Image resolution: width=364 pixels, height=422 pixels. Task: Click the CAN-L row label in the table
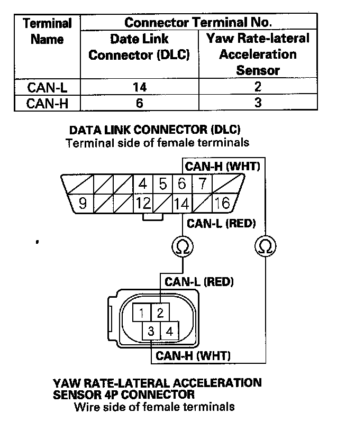[47, 87]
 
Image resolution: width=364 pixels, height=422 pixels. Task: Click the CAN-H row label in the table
[47, 103]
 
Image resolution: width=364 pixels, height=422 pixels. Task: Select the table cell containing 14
[139, 87]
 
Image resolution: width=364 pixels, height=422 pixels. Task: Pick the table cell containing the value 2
[258, 87]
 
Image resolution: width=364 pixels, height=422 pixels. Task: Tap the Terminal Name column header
[47, 31]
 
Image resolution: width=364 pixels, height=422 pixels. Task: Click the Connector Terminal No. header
[198, 22]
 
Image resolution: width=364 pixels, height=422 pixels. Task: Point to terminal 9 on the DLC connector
[82, 203]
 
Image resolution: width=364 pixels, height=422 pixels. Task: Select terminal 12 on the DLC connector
[143, 203]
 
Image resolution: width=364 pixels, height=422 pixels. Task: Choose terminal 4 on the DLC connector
[143, 185]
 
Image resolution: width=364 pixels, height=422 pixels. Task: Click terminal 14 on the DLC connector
[181, 203]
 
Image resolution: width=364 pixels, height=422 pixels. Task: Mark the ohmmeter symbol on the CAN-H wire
[265, 245]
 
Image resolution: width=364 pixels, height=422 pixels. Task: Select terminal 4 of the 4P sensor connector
[169, 332]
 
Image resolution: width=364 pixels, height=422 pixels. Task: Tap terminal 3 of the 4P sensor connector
[151, 332]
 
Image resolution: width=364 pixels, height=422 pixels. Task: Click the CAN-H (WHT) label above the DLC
[222, 167]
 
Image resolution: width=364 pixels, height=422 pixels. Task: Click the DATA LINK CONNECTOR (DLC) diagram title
[155, 130]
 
